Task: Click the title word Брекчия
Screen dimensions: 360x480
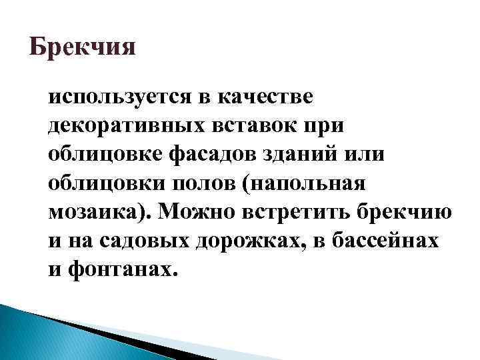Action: (83, 49)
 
